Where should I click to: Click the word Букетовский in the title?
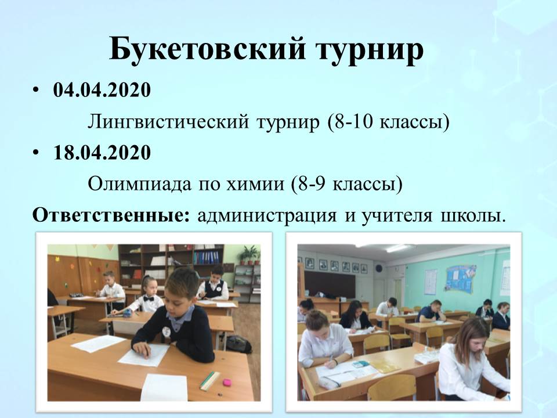[x=207, y=48]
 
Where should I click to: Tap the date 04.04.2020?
[x=102, y=89]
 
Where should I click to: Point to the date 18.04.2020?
[x=102, y=153]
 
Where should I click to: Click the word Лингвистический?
[x=168, y=122]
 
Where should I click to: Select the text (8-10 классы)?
[x=388, y=122]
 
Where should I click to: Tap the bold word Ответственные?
[x=111, y=215]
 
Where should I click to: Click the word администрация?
[x=267, y=216]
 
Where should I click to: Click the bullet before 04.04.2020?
[x=35, y=91]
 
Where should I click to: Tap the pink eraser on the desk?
[x=226, y=383]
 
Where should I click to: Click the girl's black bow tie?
[x=149, y=298]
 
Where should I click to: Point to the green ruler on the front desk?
[x=210, y=381]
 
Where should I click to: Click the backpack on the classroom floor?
[x=238, y=344]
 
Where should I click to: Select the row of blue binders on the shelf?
[x=207, y=257]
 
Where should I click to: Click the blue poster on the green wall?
[x=461, y=279]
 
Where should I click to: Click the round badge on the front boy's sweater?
[x=167, y=332]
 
